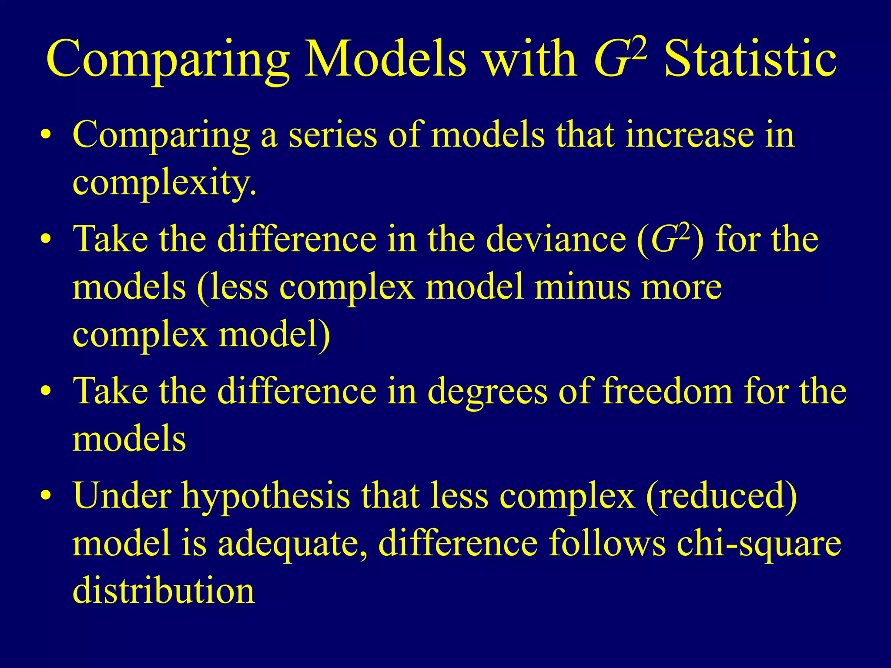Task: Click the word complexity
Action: point(164,183)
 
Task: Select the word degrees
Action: point(487,391)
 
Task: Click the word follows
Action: point(607,544)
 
